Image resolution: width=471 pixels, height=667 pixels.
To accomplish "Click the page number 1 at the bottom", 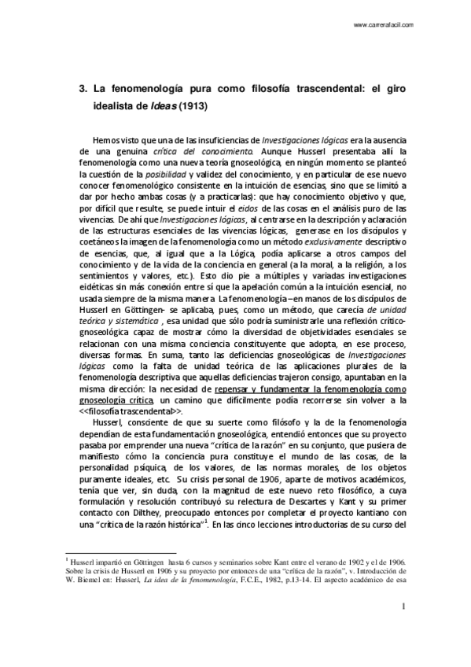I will [403, 628].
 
